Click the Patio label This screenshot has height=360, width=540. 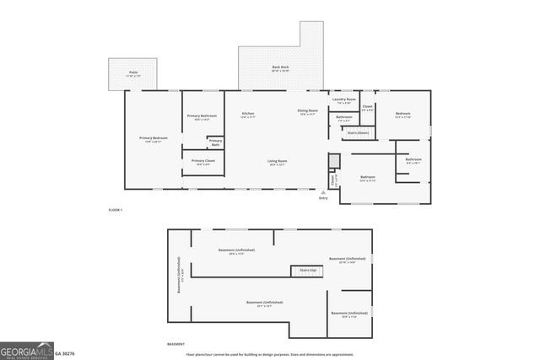tap(133, 73)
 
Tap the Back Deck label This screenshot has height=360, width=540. tap(280, 68)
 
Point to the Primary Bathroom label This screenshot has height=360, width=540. tap(202, 116)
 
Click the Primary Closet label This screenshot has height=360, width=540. tap(203, 161)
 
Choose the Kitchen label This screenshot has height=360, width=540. tap(248, 114)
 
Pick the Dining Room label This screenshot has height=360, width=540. tap(307, 111)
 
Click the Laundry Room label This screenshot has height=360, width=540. tap(344, 99)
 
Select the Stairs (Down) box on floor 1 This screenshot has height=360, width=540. tap(359, 132)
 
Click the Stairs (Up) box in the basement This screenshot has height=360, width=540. tap(308, 270)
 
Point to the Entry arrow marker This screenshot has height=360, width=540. tap(323, 192)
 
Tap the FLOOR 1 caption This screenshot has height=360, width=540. tap(116, 209)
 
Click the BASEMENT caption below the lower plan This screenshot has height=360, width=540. tap(175, 344)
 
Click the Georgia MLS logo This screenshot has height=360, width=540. tap(27, 351)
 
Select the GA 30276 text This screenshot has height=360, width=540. tap(65, 354)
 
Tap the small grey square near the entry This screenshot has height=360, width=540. tap(334, 160)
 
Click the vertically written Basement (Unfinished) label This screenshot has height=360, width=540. tap(179, 276)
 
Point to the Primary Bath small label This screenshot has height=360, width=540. tap(216, 142)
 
